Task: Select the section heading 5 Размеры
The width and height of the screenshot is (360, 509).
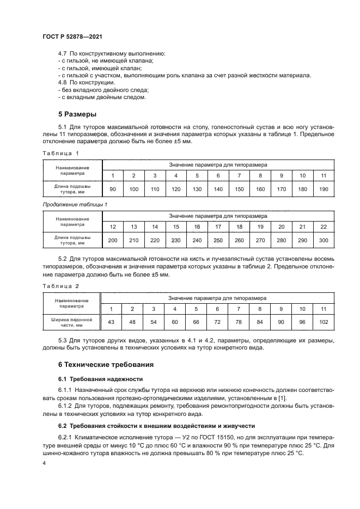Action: (x=77, y=114)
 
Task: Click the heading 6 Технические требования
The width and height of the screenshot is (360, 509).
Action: (x=106, y=364)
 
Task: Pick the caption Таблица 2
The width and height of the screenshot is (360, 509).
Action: (x=61, y=286)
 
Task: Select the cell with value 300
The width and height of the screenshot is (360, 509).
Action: (x=324, y=240)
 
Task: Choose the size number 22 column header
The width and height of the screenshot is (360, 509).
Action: (x=324, y=226)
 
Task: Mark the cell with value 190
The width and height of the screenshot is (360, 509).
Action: (x=324, y=188)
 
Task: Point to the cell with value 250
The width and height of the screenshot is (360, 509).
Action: (x=218, y=240)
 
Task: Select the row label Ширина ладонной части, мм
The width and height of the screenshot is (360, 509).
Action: (x=71, y=322)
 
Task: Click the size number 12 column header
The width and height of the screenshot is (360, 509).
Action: (x=113, y=226)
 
